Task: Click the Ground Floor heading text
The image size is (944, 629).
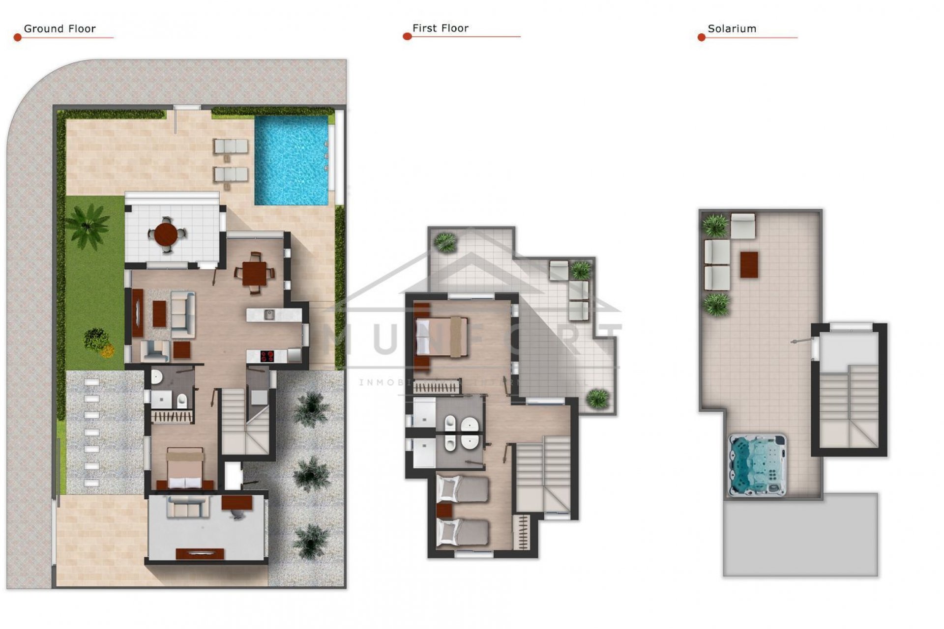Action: click(59, 29)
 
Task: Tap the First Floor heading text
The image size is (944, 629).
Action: click(440, 29)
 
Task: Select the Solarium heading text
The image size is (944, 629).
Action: click(732, 29)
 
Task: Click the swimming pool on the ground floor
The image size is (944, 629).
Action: click(291, 160)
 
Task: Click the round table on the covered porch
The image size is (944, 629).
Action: click(166, 234)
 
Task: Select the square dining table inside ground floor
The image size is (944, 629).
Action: click(254, 273)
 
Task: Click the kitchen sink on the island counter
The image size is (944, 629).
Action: click(269, 314)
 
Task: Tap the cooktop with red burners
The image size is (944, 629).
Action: click(267, 356)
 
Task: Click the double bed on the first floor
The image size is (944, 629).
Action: click(441, 337)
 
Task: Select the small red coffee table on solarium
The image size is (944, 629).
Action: click(749, 265)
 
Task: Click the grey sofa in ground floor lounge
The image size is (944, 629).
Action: click(183, 314)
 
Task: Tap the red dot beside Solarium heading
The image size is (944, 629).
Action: click(702, 37)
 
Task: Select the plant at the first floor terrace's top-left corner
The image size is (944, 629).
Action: click(446, 242)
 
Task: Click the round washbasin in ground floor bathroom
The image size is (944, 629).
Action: click(156, 377)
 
